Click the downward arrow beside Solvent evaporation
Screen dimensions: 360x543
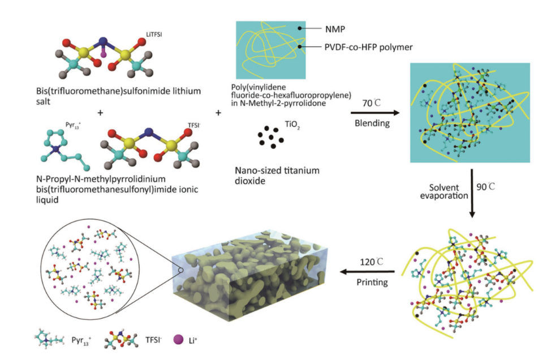point(472,192)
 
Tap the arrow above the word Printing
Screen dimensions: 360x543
point(368,272)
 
